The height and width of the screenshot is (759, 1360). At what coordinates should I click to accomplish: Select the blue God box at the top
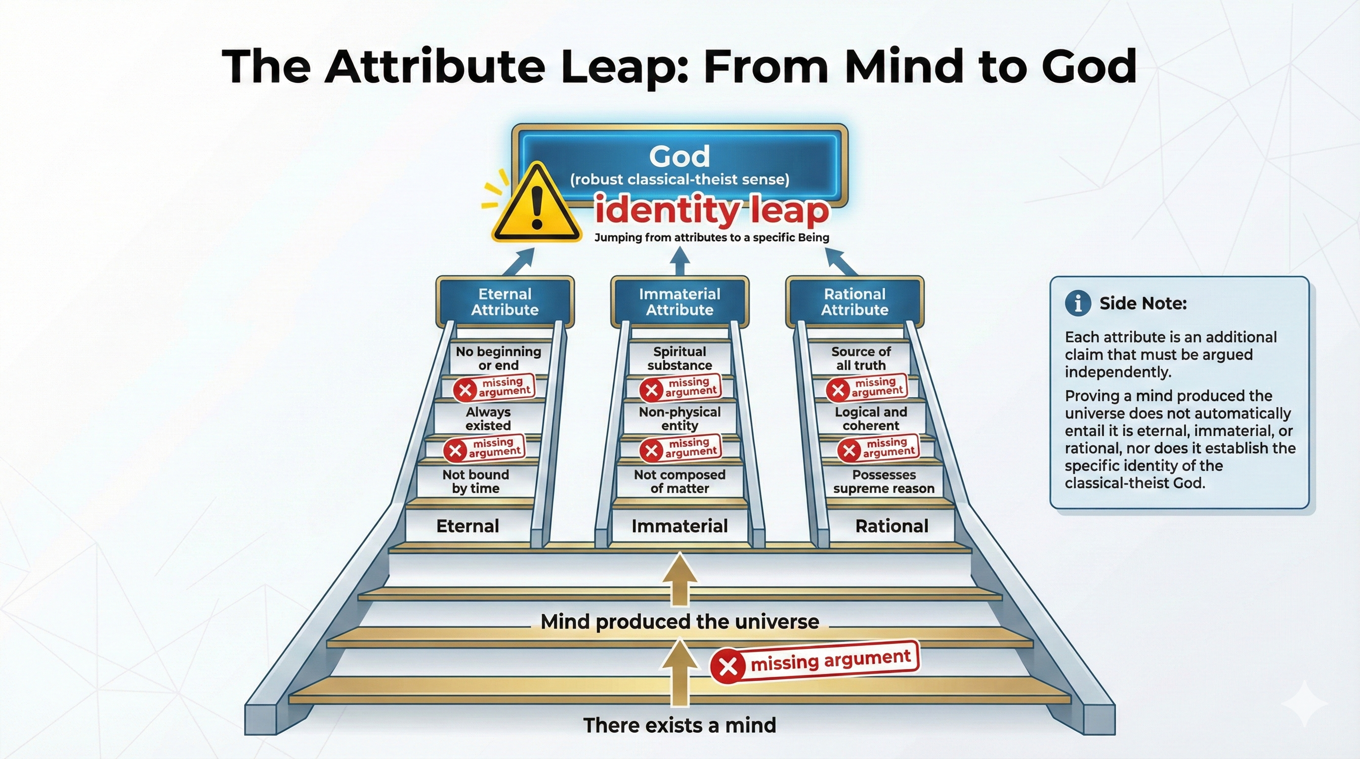(x=680, y=165)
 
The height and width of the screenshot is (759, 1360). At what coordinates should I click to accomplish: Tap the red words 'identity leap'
(x=712, y=210)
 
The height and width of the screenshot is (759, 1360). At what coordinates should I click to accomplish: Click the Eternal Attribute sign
(x=505, y=301)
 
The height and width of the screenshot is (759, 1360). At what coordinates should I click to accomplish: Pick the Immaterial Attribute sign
(x=680, y=301)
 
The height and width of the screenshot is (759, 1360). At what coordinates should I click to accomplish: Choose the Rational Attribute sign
(x=855, y=301)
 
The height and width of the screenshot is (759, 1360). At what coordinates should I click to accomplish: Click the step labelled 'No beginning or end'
(x=498, y=358)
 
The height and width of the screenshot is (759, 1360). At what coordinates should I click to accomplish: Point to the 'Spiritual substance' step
(x=680, y=358)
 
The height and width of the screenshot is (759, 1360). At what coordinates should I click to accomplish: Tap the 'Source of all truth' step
(x=861, y=358)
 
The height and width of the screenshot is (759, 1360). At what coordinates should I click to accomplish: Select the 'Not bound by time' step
(x=476, y=481)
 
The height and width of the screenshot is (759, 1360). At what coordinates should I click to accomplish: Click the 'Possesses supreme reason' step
(x=884, y=481)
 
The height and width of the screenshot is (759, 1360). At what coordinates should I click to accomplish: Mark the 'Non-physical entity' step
(x=680, y=419)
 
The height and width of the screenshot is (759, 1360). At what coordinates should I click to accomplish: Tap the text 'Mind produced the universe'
(x=680, y=621)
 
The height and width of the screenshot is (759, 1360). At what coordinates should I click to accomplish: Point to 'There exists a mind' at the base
(x=680, y=725)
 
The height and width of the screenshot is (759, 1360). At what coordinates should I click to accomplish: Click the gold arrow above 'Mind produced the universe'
(x=680, y=580)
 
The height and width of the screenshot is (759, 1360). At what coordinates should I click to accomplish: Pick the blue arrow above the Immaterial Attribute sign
(x=680, y=261)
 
